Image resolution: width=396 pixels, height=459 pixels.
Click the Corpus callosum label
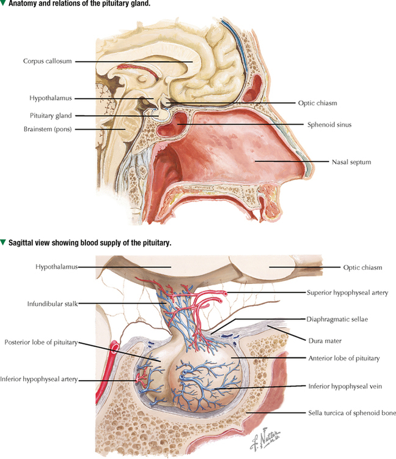47,61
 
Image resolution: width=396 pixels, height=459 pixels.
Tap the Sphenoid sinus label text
329,125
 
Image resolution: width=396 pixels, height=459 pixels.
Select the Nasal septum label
351,162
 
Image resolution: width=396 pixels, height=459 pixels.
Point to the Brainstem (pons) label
48,129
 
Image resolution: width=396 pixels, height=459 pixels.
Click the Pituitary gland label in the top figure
51,116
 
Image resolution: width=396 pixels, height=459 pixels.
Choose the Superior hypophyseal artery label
348,293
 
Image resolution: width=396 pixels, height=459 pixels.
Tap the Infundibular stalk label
53,304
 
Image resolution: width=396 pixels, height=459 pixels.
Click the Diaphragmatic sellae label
337,319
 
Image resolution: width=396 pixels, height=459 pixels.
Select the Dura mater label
325,341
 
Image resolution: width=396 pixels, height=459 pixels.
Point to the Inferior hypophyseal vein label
345,386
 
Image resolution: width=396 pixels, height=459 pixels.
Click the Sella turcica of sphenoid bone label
352,413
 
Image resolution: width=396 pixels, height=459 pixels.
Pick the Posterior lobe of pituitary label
41,343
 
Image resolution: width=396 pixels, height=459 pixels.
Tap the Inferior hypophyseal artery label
39,379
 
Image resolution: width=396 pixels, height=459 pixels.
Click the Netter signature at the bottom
265,438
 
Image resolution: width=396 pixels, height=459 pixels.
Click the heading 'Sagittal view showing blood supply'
90,243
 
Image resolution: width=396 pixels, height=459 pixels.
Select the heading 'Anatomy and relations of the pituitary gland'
79,4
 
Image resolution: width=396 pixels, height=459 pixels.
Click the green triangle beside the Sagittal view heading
3,243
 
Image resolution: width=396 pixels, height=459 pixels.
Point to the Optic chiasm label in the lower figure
362,267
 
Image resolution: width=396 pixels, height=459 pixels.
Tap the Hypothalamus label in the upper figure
51,98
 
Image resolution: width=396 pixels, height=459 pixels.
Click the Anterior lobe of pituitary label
344,358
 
